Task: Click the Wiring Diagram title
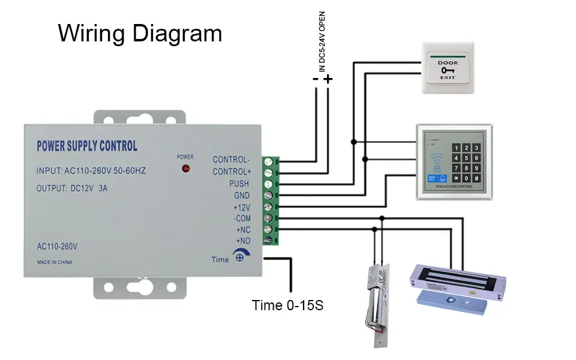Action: [140, 33]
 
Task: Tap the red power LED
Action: [185, 169]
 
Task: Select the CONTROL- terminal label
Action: [231, 160]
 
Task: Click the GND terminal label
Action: [241, 196]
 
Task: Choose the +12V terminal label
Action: [241, 207]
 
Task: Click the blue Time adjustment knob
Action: [239, 258]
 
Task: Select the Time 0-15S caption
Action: [288, 305]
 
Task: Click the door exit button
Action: [448, 67]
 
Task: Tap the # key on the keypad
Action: [476, 178]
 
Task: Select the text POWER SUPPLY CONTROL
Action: [87, 146]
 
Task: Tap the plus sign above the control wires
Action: [328, 79]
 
